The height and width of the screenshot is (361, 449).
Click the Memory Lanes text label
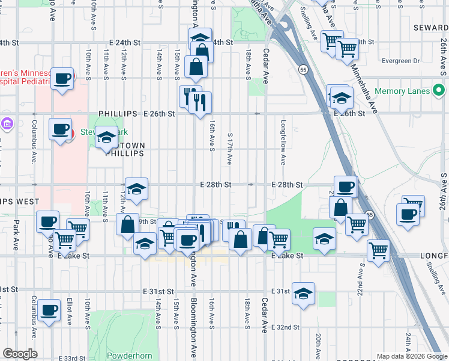[x=402, y=91]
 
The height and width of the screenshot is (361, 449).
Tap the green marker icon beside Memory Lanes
[x=439, y=91]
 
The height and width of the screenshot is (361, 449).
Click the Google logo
[x=20, y=354]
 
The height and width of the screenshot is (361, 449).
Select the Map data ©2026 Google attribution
[x=412, y=356]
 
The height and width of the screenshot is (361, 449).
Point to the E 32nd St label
[x=284, y=327]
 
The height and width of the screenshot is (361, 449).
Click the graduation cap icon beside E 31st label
[x=304, y=293]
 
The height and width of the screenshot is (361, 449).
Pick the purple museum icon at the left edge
[x=7, y=124]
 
